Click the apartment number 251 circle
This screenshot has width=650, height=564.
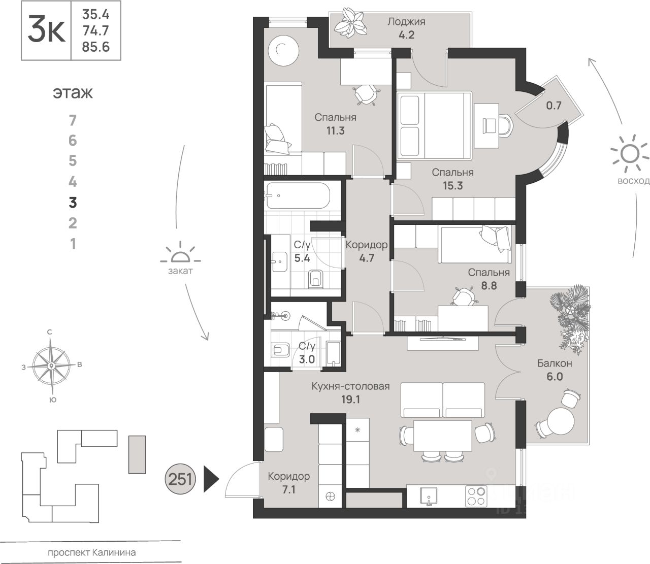pos(180,478)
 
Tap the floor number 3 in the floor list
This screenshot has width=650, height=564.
pos(73,203)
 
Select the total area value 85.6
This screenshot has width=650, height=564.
pos(95,47)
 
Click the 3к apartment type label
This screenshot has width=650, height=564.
pos(46,30)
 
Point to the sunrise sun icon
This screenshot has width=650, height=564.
pos(630,154)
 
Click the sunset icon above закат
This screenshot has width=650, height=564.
pos(180,254)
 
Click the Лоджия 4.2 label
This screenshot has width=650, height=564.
pos(406,28)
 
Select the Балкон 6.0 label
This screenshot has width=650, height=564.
pos(555,370)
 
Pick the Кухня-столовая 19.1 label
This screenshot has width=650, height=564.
pos(350,392)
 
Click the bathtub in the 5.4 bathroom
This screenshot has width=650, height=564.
pos(297,196)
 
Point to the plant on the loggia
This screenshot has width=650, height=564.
pos(353,21)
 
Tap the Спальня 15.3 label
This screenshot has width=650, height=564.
pos(452,179)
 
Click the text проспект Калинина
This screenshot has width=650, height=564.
pos(92,552)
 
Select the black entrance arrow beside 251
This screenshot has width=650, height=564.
pos(210,478)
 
